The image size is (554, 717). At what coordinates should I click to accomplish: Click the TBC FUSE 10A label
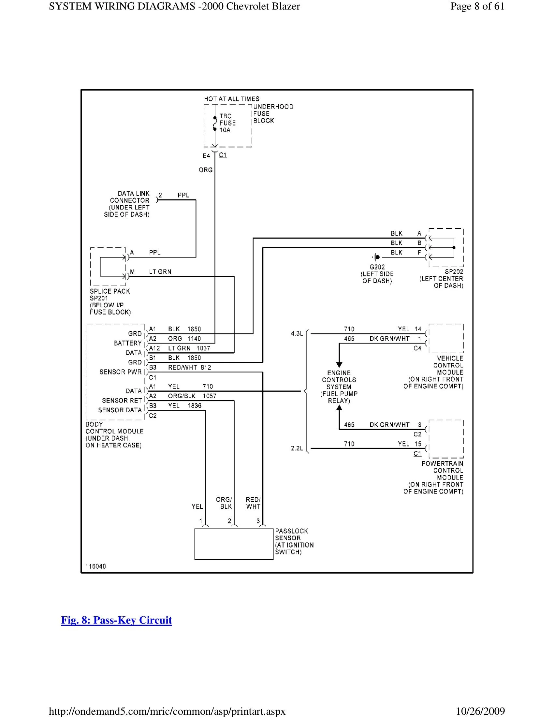227,123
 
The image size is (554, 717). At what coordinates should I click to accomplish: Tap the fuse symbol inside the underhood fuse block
215,124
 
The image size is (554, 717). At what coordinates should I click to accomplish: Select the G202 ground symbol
376,257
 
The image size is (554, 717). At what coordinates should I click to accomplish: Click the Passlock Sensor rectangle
234,544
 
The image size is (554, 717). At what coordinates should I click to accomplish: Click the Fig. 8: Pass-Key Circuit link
117,620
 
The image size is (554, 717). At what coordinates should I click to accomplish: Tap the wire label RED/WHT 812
189,367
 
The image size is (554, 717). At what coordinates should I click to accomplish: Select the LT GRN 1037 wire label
189,348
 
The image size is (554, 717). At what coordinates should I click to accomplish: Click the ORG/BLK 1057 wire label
192,396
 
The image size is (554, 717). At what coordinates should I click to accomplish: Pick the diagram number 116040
95,566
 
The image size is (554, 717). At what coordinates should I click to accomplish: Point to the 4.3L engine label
297,333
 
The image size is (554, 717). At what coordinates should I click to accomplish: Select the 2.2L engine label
297,448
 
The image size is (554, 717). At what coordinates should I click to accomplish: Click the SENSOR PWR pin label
121,372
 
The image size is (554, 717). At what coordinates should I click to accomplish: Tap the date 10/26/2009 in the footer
480,711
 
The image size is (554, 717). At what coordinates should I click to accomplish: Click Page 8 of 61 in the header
477,6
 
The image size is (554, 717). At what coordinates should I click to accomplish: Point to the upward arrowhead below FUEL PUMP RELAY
339,408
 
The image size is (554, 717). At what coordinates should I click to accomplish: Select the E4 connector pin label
206,156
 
